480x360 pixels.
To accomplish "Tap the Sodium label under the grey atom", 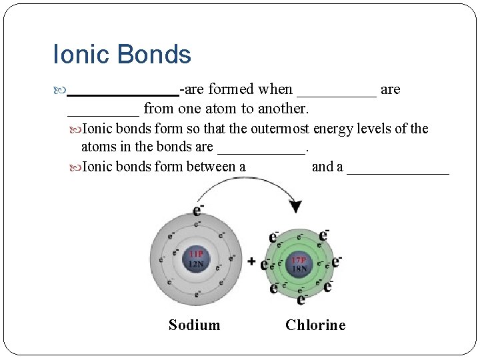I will point(194,325).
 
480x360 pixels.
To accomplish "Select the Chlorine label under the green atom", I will point(315,325).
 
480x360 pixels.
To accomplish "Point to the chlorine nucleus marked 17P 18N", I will point(300,263).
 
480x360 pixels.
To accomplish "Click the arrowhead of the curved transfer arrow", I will point(295,206).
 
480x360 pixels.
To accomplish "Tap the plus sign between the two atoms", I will point(251,261).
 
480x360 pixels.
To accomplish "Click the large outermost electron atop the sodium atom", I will point(198,211).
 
